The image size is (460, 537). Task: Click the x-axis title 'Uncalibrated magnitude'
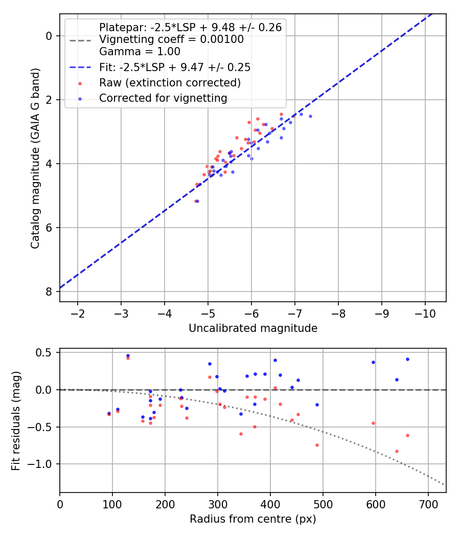[253, 328]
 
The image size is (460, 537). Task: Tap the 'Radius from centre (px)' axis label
[253, 520]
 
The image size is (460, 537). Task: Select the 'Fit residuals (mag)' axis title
[16, 420]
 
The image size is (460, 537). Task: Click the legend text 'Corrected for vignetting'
[163, 98]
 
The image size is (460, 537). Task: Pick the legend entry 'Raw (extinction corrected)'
[170, 83]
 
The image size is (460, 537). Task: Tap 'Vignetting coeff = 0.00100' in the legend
[171, 39]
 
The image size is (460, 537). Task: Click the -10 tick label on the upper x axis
[425, 313]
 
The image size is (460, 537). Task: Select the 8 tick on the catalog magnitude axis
[49, 292]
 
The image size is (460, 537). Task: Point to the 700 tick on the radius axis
[428, 504]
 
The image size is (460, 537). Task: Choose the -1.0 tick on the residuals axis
[43, 464]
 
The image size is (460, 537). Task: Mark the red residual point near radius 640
[397, 451]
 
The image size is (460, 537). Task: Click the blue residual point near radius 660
[407, 359]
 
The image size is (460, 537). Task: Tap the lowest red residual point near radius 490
[317, 445]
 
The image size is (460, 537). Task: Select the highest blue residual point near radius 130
[128, 355]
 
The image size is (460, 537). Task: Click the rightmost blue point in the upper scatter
[310, 116]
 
